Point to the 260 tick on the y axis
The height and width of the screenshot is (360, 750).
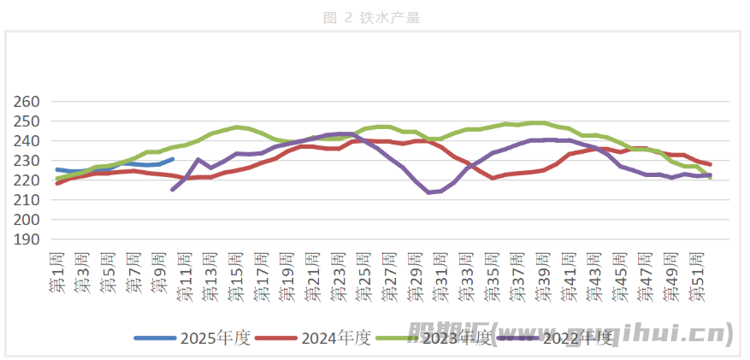pos(28,102)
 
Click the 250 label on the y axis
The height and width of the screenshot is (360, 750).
pos(28,121)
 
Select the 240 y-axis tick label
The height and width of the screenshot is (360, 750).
pos(28,141)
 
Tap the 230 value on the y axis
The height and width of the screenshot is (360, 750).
pos(28,161)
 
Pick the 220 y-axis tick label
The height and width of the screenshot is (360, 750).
pos(28,180)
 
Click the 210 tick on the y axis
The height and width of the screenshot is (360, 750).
pos(28,200)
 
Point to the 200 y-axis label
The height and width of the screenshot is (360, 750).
pos(28,220)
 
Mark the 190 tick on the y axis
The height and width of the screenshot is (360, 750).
pos(28,239)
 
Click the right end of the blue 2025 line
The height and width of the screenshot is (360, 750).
pos(173,159)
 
